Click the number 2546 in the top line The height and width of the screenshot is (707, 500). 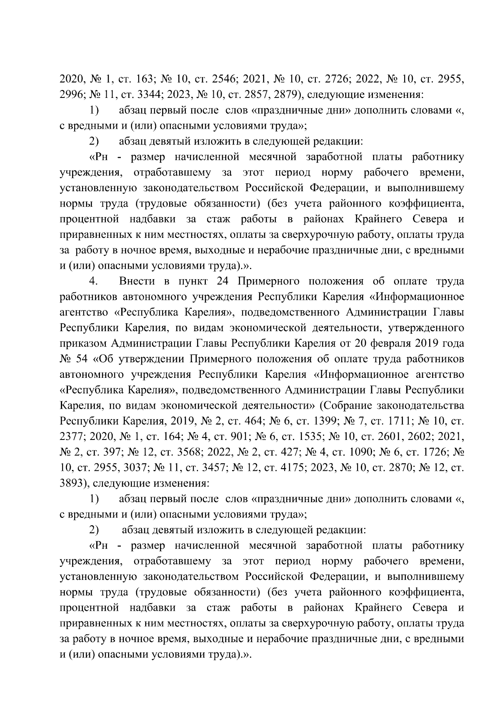click(225, 78)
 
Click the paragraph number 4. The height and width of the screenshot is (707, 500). click(93, 281)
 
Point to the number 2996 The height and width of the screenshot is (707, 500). click(72, 94)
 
